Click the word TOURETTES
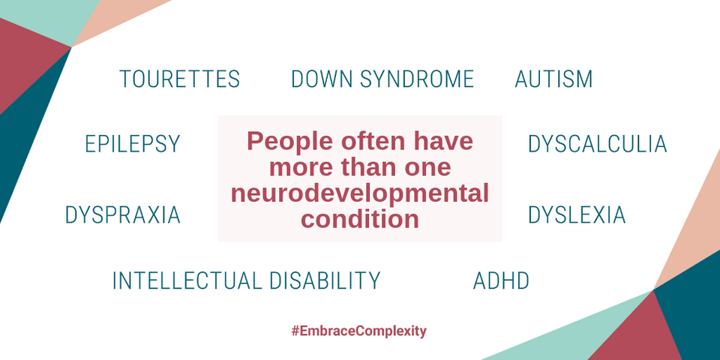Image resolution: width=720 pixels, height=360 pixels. pos(179,79)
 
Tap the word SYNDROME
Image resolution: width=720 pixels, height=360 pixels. pos(417,79)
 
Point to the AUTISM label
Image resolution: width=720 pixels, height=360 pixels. pos(553,79)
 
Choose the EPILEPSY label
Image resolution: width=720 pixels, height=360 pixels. pos(133,144)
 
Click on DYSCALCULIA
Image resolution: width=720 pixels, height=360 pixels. pos(598,144)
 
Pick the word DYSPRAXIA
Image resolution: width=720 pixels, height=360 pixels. pos(122,215)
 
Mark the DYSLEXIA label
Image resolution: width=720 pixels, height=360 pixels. pos(577,215)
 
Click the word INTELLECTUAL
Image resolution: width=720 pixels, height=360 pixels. pos(187,280)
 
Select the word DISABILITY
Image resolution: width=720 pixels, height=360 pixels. pos(325,280)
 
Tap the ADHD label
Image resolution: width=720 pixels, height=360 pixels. pos(501,280)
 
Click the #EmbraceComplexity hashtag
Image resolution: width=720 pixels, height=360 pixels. pos(359,331)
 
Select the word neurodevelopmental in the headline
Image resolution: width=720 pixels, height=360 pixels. pos(360,193)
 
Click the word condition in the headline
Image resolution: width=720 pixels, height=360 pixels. pos(360,220)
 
